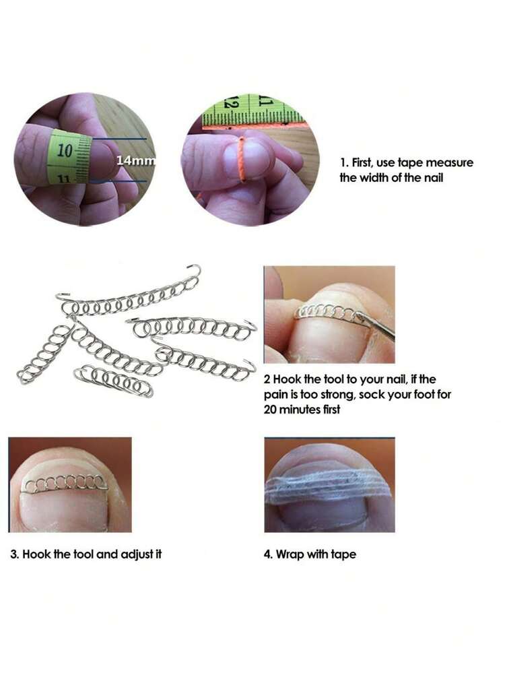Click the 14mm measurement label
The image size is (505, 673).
[135, 160]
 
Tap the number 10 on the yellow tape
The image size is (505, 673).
[65, 151]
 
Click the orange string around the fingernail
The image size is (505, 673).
[242, 159]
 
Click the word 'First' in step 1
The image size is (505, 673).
[362, 162]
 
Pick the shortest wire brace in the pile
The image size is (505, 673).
[114, 380]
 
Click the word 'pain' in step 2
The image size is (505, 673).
[274, 395]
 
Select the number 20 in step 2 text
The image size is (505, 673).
[270, 410]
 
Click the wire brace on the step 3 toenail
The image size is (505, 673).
[65, 484]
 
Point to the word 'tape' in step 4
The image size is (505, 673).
[343, 554]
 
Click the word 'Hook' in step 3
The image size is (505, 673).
[36, 554]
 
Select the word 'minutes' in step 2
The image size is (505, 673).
[300, 410]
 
